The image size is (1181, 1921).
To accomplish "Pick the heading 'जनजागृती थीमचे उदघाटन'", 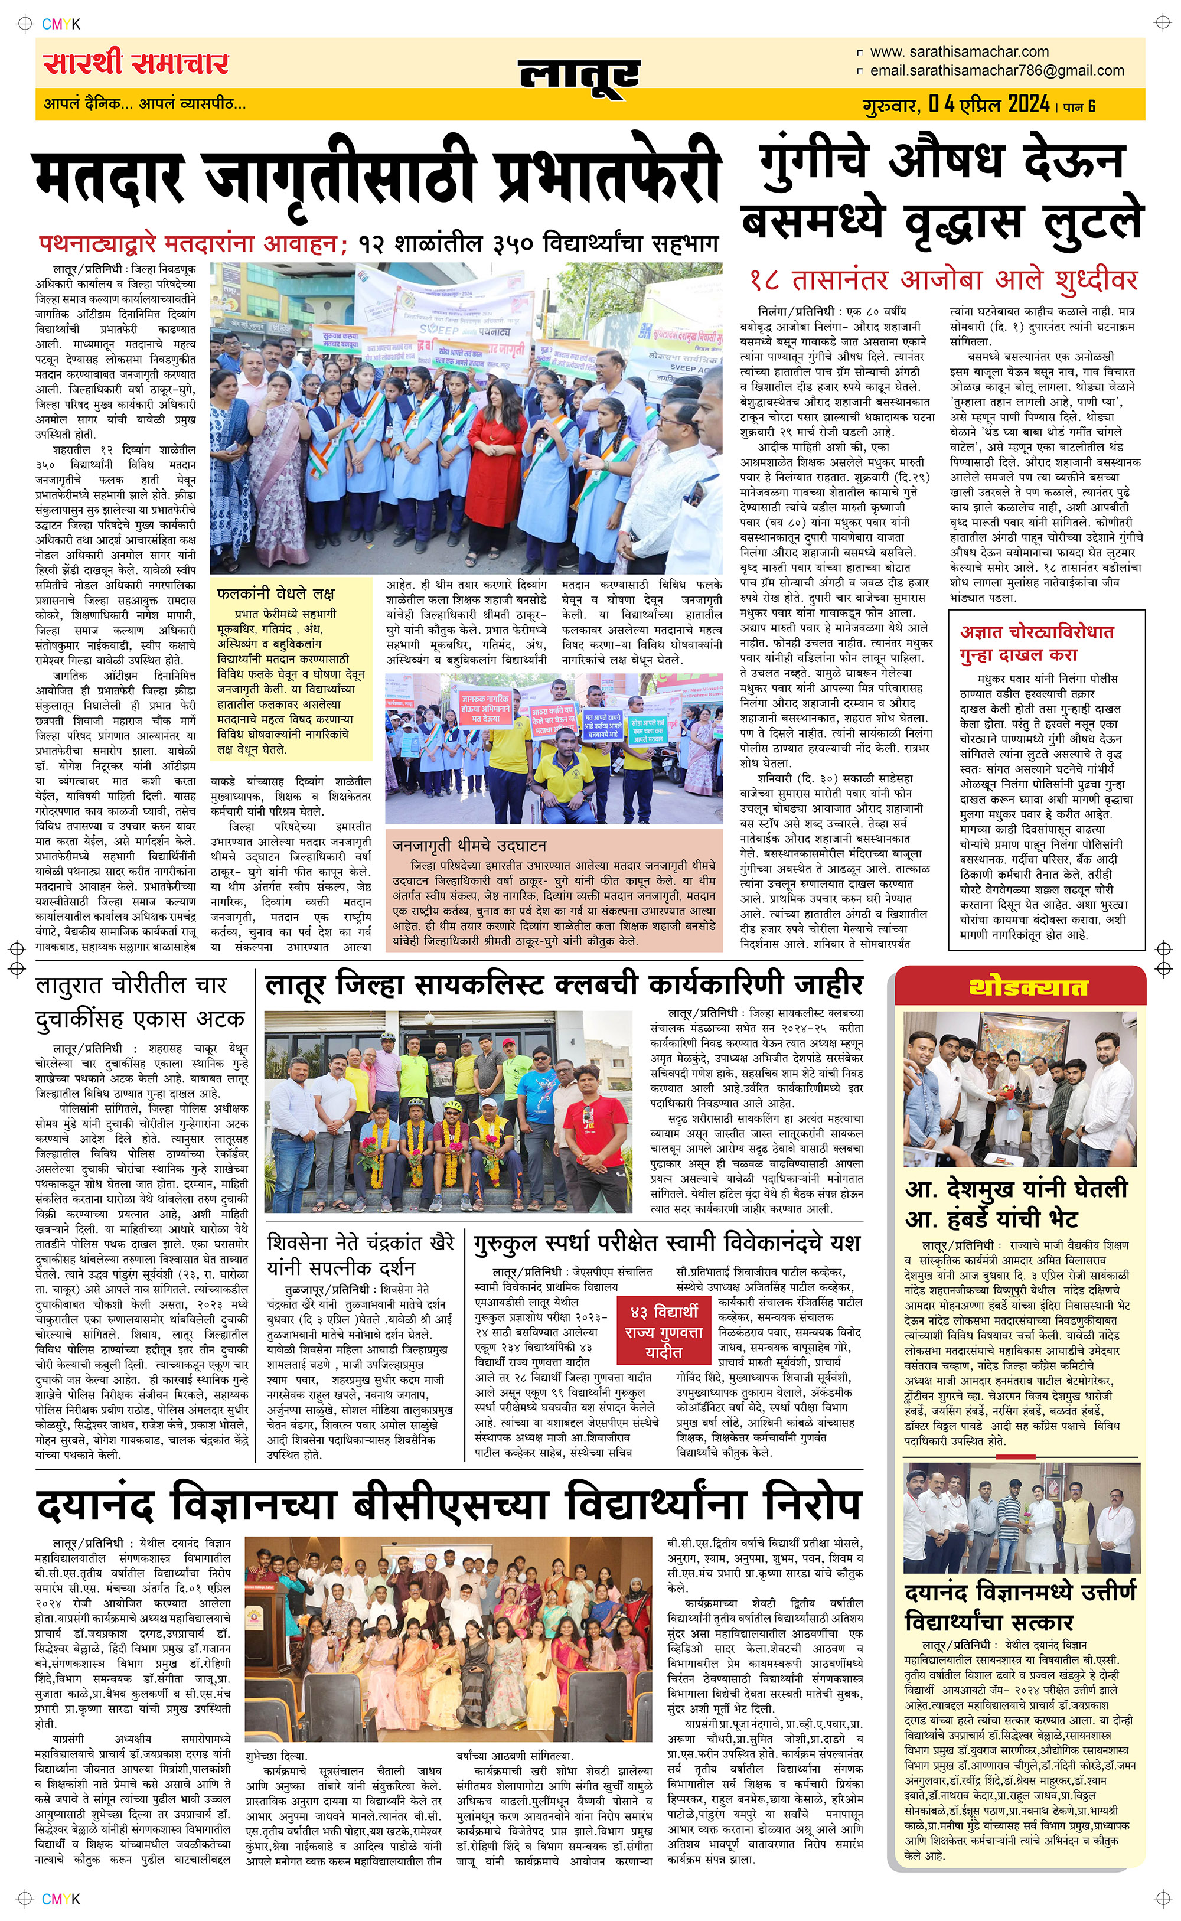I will tap(469, 845).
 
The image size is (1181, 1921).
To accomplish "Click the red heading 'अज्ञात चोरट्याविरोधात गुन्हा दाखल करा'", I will tap(1036, 642).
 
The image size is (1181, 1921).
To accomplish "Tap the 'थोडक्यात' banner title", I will tap(1028, 988).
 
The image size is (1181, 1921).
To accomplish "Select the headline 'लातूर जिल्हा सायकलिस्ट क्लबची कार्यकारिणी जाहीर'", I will tap(563, 986).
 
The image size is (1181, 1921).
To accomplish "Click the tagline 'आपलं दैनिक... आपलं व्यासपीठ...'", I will tap(145, 103).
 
